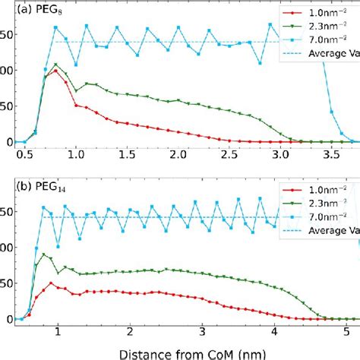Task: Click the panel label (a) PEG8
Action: coord(27,11)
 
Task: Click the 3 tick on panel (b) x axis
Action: coord(201,332)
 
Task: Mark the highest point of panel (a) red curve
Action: coord(55,71)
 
